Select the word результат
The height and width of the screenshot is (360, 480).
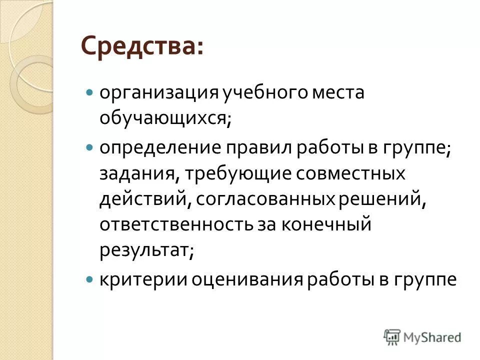click(145, 249)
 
